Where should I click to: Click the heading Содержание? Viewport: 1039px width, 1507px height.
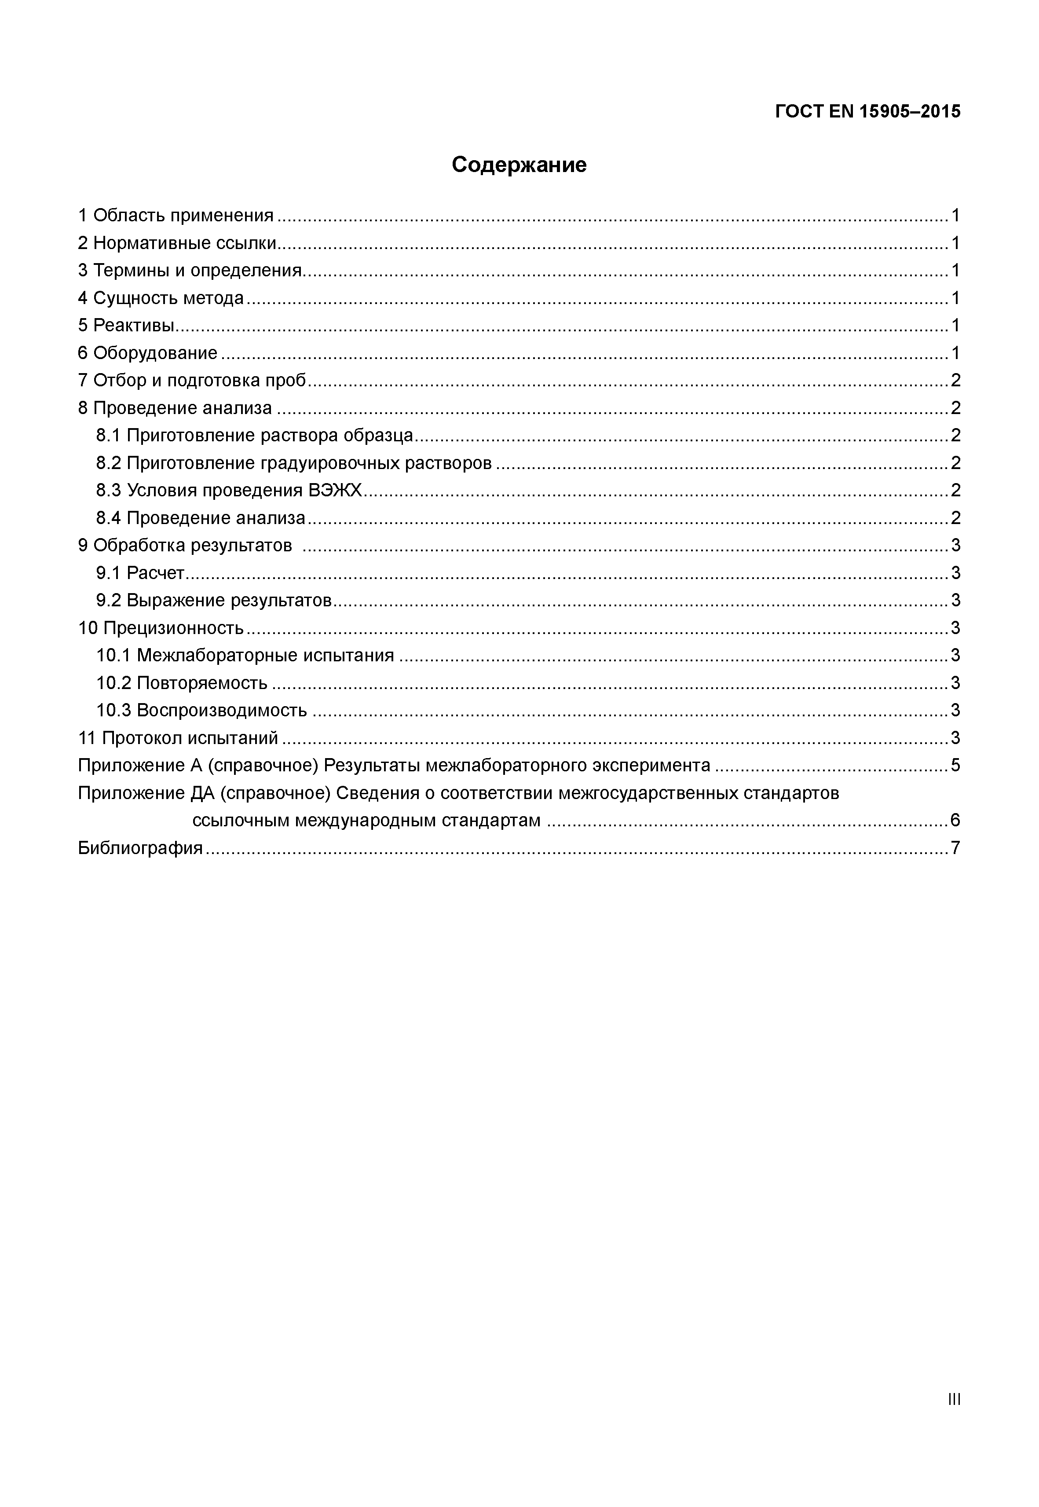[x=519, y=165]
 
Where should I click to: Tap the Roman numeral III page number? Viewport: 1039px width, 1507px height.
[x=955, y=1399]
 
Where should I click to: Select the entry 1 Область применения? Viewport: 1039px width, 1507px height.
[x=176, y=216]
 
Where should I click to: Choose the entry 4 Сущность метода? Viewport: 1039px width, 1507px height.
[x=161, y=298]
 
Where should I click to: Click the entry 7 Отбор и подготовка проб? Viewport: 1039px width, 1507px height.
[x=192, y=380]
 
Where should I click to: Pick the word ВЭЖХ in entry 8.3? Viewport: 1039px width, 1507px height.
[x=335, y=491]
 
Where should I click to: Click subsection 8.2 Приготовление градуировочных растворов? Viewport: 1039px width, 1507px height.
[x=294, y=463]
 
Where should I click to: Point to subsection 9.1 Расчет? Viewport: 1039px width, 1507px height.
[x=141, y=573]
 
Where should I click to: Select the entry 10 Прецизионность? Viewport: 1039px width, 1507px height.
[x=161, y=628]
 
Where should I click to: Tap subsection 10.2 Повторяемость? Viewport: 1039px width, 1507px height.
[x=182, y=683]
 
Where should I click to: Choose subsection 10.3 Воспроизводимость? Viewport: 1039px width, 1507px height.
[x=202, y=711]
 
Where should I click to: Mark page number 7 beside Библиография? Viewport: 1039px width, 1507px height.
[x=955, y=848]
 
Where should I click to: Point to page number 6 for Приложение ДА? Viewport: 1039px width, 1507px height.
[x=955, y=821]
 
